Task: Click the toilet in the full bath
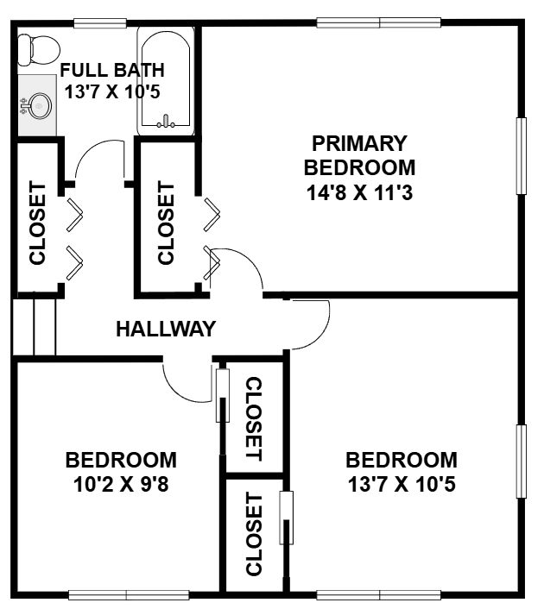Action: (x=39, y=51)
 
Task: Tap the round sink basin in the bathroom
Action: (x=39, y=105)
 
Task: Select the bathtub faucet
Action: (x=166, y=122)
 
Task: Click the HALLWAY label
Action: (x=166, y=329)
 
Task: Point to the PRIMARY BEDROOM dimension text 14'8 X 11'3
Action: (x=359, y=192)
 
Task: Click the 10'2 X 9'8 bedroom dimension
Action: (x=121, y=484)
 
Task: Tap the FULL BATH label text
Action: (x=112, y=70)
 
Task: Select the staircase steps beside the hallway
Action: (x=35, y=327)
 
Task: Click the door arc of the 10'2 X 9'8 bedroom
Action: (x=179, y=392)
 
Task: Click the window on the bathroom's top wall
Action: (x=100, y=23)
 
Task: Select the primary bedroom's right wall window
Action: (x=521, y=156)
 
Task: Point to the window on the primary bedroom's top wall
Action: (x=379, y=23)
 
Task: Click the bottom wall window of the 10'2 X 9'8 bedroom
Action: (x=129, y=595)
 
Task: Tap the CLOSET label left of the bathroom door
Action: (x=38, y=223)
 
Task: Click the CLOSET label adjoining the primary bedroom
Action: (x=166, y=223)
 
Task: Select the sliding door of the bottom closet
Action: (x=287, y=518)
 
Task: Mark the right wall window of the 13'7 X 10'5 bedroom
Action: (x=521, y=461)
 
